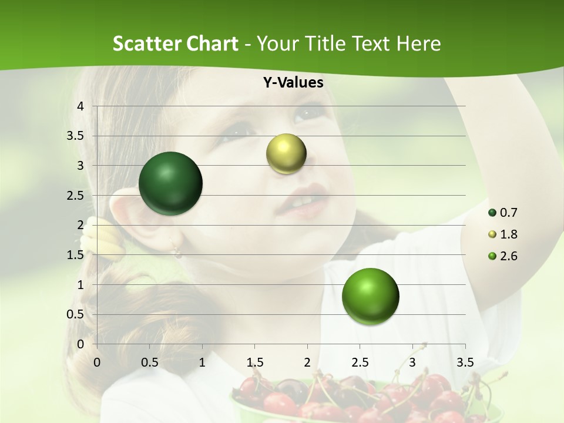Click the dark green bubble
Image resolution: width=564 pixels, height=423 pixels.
pos(171,183)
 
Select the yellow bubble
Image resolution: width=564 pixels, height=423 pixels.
pos(286,153)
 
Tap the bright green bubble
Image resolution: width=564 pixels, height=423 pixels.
pos(370,296)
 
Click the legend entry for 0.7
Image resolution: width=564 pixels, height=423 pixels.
pos(503,213)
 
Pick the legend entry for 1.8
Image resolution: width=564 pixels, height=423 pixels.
pos(503,234)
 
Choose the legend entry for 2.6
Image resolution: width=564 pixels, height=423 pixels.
pos(503,256)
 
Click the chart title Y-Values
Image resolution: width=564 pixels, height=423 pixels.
pos(293,83)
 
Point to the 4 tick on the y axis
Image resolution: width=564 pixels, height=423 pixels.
pos(80,106)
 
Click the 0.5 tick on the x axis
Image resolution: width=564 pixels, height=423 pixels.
pos(150,362)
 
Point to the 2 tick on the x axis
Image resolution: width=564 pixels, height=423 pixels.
pos(307,362)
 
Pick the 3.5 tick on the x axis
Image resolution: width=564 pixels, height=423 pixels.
pos(465,362)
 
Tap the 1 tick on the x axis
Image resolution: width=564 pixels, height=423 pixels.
pos(202,362)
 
